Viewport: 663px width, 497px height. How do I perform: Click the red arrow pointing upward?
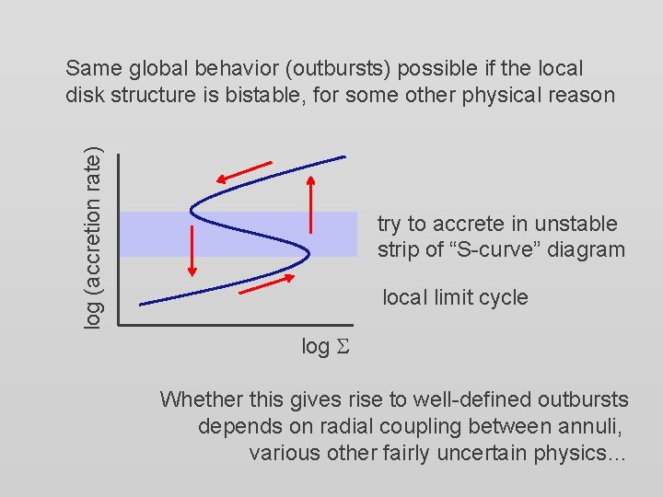[x=312, y=204]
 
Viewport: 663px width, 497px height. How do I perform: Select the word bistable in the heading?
[x=289, y=94]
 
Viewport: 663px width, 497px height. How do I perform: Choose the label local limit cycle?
[x=455, y=297]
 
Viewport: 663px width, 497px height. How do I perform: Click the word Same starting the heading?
[x=90, y=68]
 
